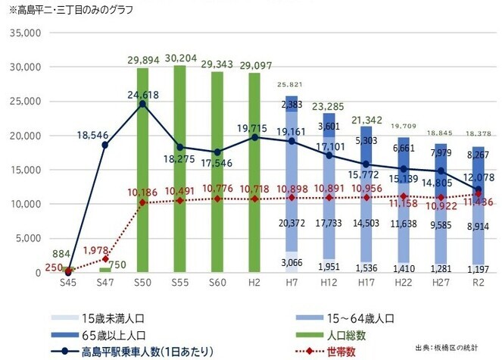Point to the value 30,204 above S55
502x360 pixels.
[x=180, y=57]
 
